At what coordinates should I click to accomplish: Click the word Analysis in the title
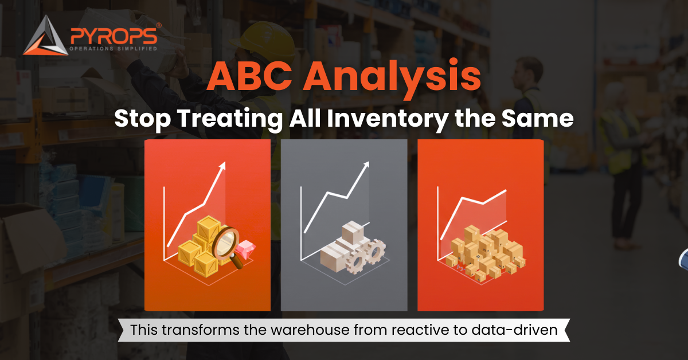(x=390, y=79)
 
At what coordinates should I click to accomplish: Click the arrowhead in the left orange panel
(x=222, y=166)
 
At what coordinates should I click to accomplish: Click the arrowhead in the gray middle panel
(x=365, y=166)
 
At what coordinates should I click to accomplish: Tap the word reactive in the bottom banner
(x=433, y=330)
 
